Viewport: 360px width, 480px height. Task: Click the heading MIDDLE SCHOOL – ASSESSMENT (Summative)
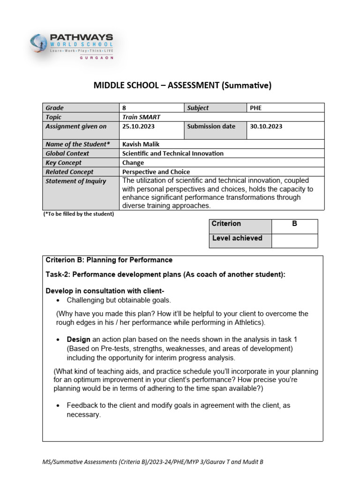click(182, 85)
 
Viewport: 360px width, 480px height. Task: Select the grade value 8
click(124, 108)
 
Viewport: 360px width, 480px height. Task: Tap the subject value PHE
click(256, 108)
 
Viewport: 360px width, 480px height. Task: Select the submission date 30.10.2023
click(266, 127)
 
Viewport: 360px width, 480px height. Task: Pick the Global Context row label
click(67, 153)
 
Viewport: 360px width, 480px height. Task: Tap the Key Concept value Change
click(133, 163)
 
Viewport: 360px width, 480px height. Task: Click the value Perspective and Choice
click(156, 172)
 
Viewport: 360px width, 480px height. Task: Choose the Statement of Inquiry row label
click(75, 181)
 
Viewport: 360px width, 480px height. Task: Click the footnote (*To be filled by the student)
click(78, 214)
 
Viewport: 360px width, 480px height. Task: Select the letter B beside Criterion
click(294, 224)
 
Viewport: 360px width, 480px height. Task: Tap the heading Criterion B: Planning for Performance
click(109, 260)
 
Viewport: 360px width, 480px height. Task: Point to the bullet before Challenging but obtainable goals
click(58, 300)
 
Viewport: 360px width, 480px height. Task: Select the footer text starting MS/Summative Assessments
click(153, 462)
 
